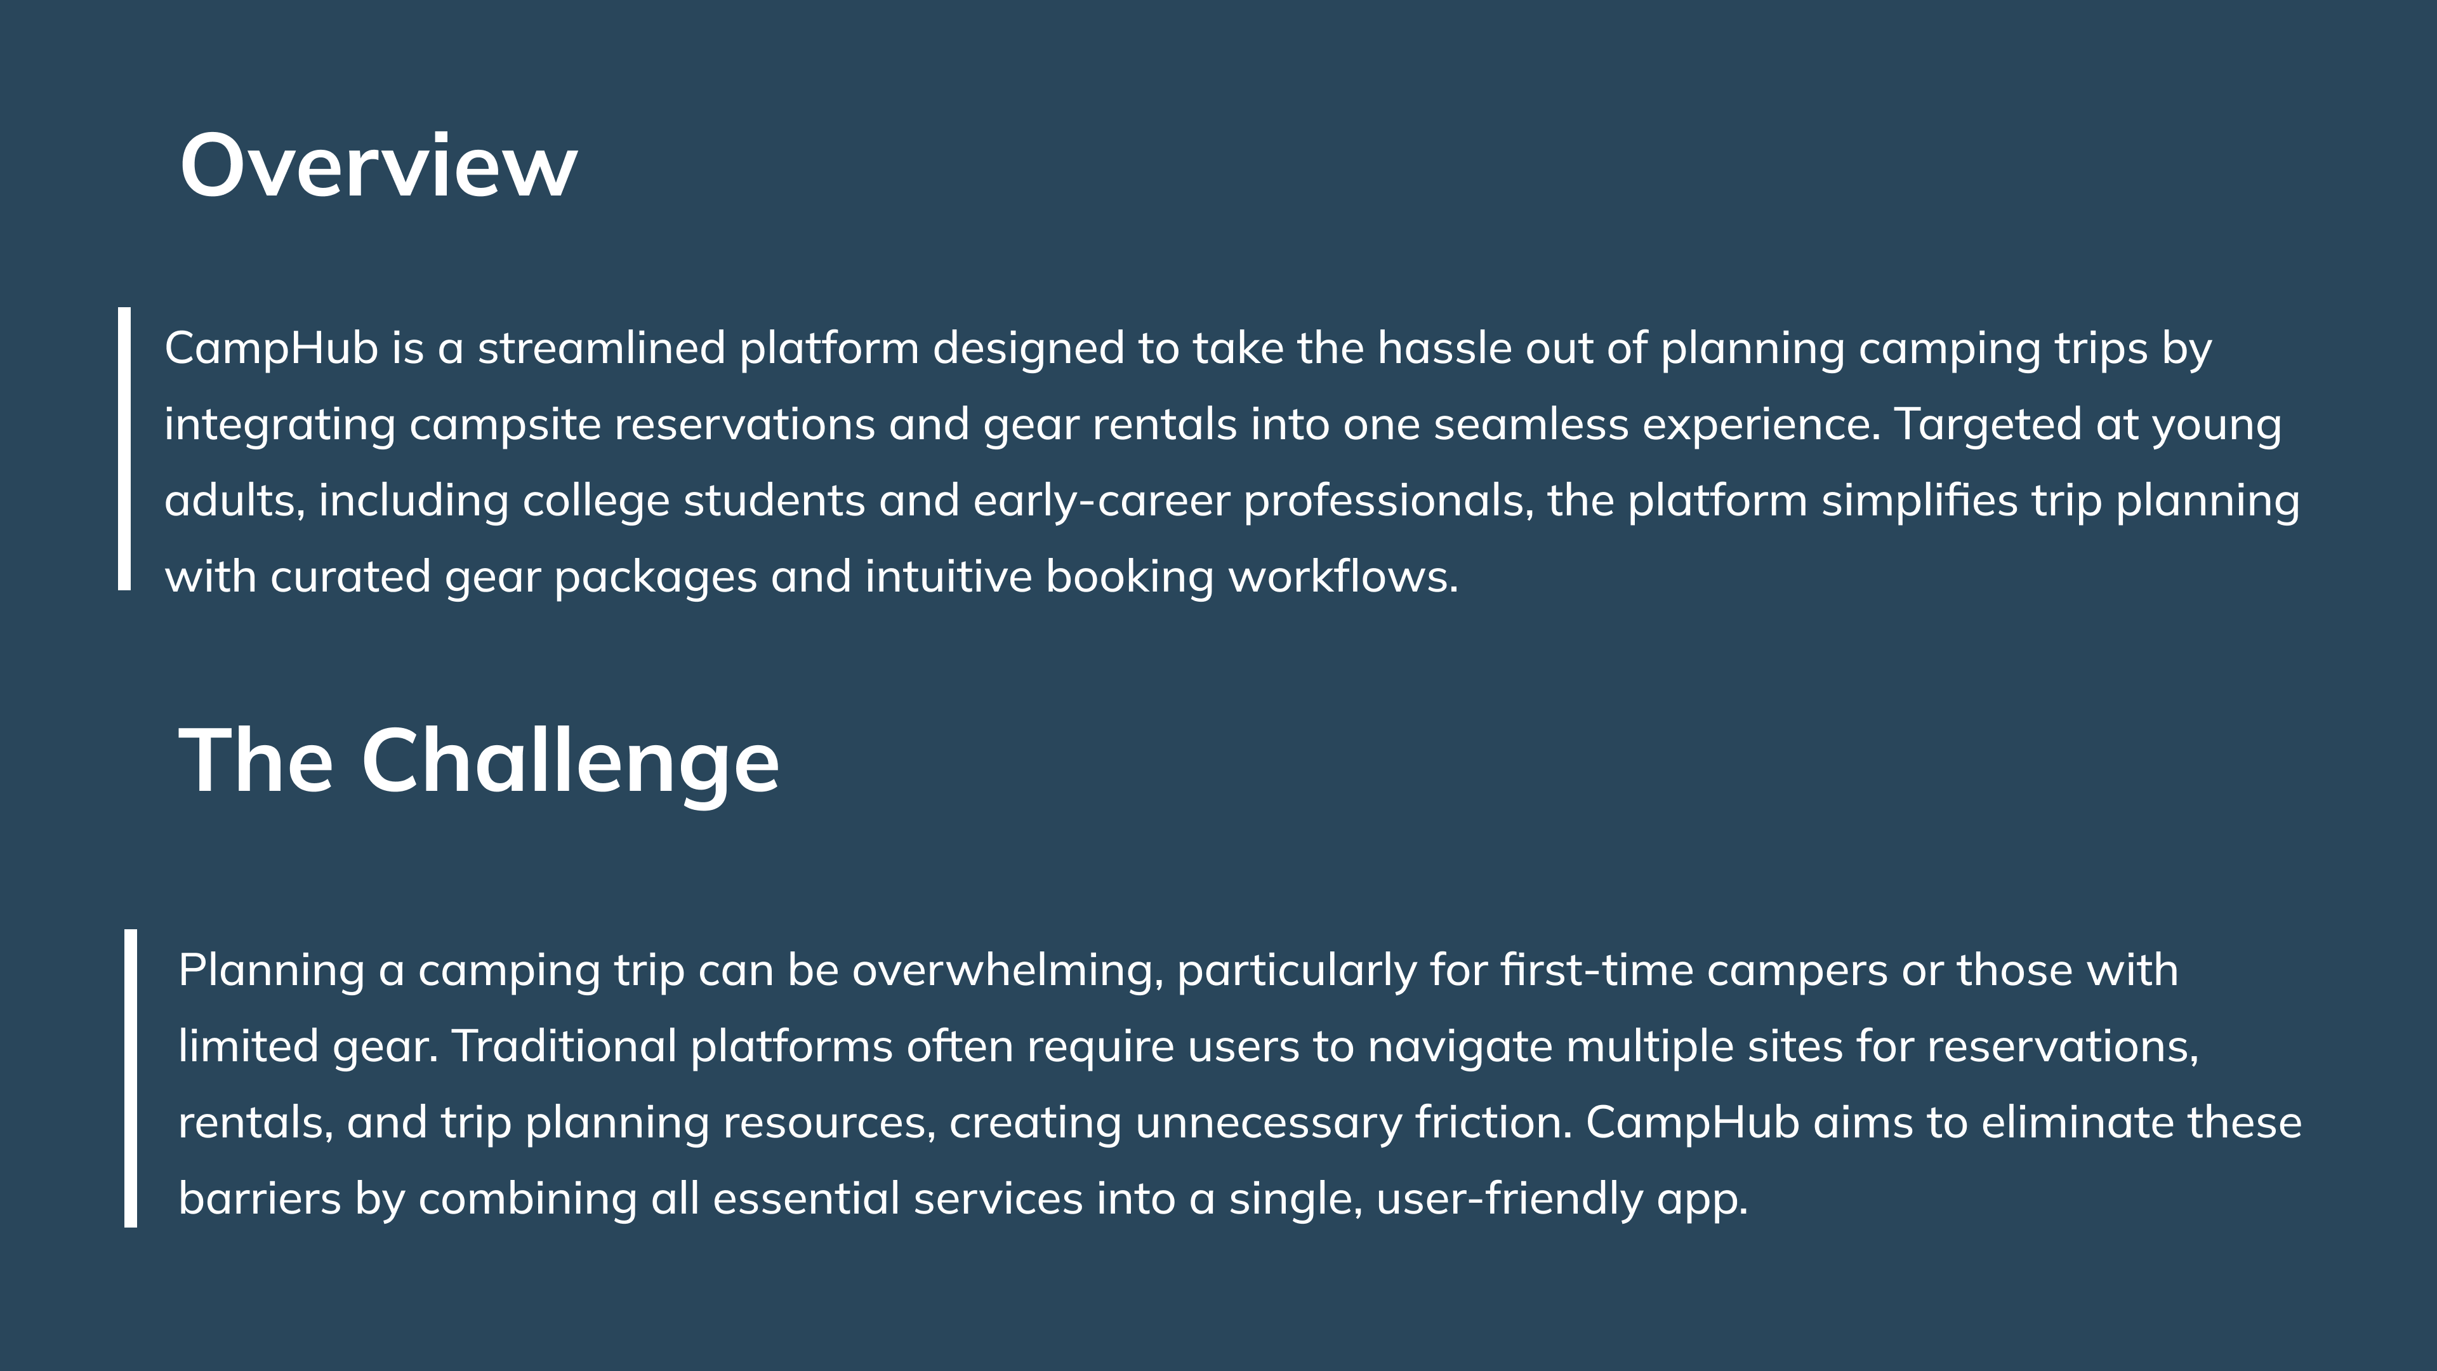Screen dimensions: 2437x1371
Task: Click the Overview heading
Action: (378, 166)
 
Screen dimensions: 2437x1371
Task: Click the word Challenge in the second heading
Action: (571, 762)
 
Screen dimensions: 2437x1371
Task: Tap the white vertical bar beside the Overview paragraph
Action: (124, 449)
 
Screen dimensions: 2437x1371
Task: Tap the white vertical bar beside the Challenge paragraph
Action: (131, 1078)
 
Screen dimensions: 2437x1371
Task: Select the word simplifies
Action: (1920, 501)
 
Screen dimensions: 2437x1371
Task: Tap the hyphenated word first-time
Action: (1596, 970)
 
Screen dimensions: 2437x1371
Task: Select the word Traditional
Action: (564, 1047)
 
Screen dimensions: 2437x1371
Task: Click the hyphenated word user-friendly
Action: (1509, 1199)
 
